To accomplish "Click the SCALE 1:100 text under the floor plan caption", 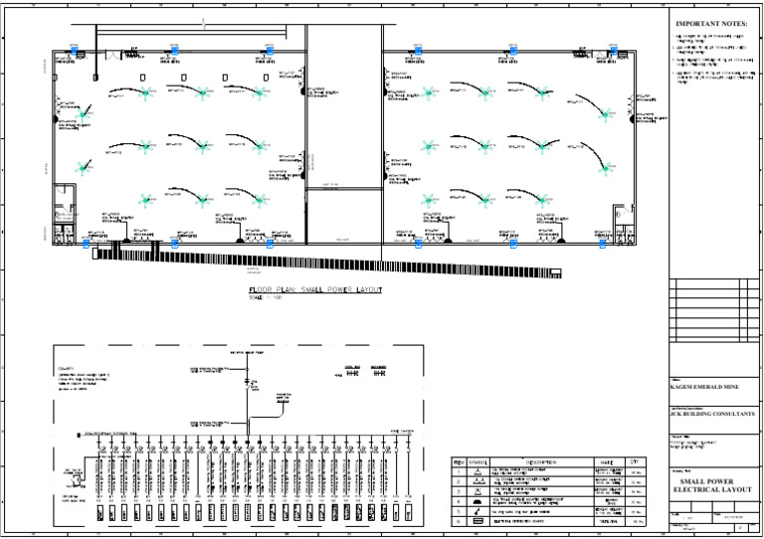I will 265,297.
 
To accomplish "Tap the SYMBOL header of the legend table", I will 480,462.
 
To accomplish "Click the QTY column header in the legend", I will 635,462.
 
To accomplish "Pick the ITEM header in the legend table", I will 459,462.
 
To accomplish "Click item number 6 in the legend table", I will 459,521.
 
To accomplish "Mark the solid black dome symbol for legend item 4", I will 480,502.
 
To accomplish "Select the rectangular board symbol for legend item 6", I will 480,521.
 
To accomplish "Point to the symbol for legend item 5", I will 480,511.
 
